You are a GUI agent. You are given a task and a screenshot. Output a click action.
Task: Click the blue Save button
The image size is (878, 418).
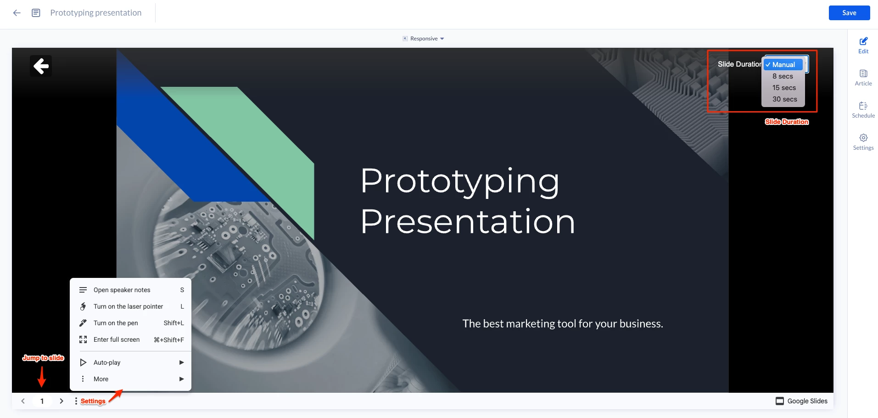849,13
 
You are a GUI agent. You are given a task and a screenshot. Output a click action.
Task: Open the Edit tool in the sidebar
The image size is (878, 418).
863,45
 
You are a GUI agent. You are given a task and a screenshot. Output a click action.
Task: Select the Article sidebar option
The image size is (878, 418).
863,78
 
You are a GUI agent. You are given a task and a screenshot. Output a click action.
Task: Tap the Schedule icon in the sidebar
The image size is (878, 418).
863,110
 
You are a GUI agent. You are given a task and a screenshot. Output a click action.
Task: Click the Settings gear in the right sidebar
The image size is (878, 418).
863,142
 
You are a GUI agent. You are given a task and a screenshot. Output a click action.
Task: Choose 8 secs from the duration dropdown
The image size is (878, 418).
783,76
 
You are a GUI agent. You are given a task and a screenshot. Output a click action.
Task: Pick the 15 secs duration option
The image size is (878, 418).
784,88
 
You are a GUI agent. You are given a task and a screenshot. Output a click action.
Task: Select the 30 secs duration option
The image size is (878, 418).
784,99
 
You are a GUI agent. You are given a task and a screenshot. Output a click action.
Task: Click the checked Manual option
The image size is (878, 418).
783,65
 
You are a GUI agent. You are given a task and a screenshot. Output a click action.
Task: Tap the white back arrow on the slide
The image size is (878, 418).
41,66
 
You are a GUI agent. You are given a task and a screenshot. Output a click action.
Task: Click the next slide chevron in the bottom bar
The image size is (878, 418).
62,401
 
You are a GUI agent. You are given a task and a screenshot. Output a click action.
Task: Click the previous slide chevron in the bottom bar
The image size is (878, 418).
23,401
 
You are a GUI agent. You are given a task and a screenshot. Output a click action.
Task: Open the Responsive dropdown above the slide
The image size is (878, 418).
424,39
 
